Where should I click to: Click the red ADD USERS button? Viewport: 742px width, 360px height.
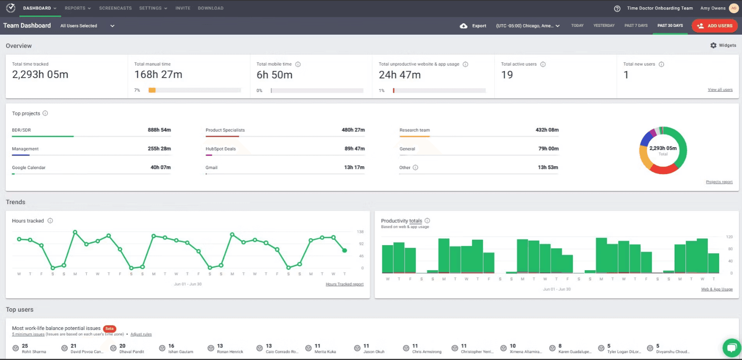tap(715, 26)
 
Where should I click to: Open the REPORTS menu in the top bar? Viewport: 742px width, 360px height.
tap(77, 8)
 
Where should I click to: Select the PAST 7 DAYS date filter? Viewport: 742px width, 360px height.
tap(636, 26)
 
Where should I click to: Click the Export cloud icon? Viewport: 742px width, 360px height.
tap(464, 26)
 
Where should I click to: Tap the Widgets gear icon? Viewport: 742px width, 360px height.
tap(713, 46)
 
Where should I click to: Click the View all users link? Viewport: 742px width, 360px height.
tap(720, 90)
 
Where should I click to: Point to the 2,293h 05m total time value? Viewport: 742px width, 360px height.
tap(40, 75)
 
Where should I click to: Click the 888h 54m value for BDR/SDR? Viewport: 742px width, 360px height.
tap(159, 130)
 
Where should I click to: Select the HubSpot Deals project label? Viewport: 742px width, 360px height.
tap(221, 149)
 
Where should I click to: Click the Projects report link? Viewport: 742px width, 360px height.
tap(719, 182)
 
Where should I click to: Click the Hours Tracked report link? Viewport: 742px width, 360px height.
tap(345, 284)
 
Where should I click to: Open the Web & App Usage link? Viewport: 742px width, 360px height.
tap(716, 289)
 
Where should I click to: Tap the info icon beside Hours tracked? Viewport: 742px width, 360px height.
tap(50, 221)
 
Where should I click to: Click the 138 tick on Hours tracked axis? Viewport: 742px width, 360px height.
tap(360, 232)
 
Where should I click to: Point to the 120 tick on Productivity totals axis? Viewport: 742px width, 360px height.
tap(729, 237)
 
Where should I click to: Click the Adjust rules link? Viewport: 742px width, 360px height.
tap(141, 334)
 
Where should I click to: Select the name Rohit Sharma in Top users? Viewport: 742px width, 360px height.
tap(34, 352)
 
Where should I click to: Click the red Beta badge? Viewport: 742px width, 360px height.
tap(109, 329)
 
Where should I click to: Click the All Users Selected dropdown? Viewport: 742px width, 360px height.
tap(87, 26)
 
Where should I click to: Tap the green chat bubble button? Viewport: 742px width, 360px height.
tap(731, 348)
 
